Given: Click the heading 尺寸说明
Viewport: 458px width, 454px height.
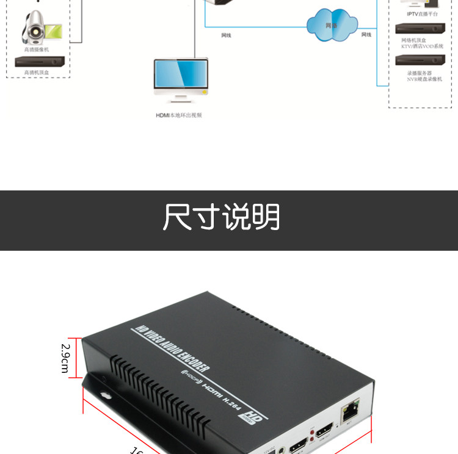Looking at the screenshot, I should (x=221, y=217).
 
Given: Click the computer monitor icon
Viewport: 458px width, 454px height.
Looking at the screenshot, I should (x=180, y=79).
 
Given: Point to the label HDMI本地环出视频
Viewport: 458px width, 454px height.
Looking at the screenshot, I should (x=178, y=115).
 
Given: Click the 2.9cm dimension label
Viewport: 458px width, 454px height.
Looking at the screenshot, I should (x=65, y=358).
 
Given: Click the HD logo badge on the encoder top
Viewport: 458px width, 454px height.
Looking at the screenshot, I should (x=246, y=416).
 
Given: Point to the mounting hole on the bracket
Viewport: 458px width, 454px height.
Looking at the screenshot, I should (x=106, y=395).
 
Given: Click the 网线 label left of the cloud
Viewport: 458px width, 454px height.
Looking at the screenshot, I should (x=226, y=35).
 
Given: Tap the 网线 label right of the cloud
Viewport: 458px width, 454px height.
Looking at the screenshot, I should (x=366, y=35).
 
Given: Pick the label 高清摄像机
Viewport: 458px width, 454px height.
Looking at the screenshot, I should (x=36, y=49).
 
